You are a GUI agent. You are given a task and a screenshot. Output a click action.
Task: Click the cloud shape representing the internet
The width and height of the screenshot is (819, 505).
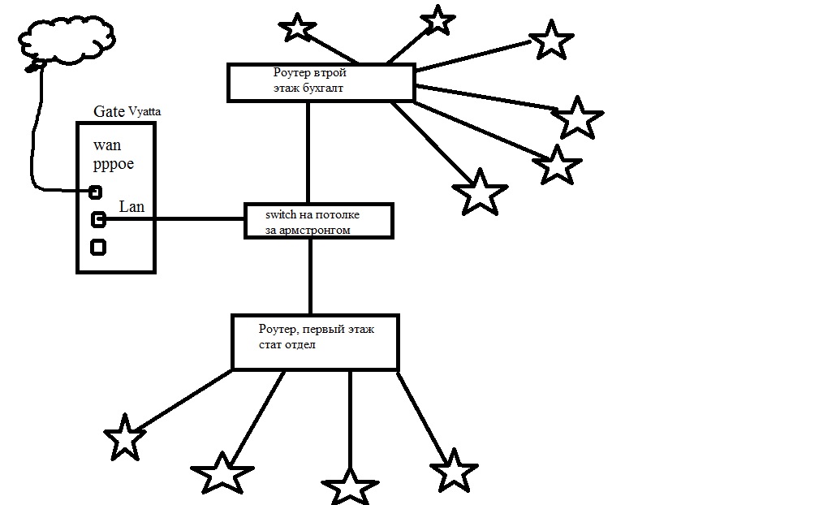pos(65,37)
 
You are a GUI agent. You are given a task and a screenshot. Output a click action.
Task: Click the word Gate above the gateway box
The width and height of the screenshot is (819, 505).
pos(110,112)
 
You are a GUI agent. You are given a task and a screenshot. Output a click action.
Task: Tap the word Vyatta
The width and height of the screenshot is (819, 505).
pos(144,112)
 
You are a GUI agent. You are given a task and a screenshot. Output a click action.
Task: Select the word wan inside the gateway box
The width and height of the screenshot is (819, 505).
pos(107,146)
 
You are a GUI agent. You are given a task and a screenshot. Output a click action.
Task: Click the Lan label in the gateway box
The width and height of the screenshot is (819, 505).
pos(131,207)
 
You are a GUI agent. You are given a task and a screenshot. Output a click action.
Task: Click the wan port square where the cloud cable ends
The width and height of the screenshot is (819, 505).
pos(95,192)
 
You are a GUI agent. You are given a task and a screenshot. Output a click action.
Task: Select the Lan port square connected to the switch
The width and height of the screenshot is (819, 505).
pos(98,218)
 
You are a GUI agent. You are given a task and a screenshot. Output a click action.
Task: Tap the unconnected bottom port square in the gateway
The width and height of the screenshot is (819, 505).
pos(98,247)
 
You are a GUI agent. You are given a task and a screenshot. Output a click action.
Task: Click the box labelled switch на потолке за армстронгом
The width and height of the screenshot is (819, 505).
pos(318,221)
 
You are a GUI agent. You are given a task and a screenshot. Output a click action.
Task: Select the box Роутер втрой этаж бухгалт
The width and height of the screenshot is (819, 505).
pos(321,83)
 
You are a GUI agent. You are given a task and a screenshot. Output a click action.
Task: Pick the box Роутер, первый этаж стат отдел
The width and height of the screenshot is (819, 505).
pos(315,342)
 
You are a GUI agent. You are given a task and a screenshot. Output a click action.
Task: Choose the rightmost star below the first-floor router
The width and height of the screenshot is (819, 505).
pos(452,471)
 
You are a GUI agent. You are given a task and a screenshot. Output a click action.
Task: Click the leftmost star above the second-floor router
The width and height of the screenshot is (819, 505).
pos(298,27)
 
